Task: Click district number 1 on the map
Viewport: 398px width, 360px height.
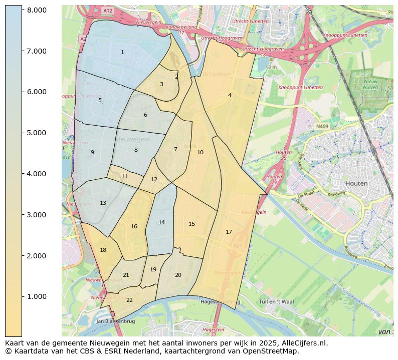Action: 122,52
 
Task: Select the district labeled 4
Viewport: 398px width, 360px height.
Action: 230,95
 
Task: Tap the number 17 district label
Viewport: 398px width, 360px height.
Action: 229,232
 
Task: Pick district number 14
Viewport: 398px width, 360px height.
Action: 161,222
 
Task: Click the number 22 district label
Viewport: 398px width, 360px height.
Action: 129,300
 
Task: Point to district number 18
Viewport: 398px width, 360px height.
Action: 103,250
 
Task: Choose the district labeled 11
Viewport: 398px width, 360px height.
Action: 124,176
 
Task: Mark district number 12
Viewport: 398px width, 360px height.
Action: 154,179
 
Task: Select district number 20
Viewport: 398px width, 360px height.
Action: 178,275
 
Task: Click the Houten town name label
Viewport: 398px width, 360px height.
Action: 356,183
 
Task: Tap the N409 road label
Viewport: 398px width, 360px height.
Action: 322,127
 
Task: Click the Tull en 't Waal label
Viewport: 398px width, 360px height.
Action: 276,301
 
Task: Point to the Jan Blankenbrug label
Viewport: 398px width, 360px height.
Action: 116,321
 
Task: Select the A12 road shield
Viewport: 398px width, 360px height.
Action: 107,11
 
